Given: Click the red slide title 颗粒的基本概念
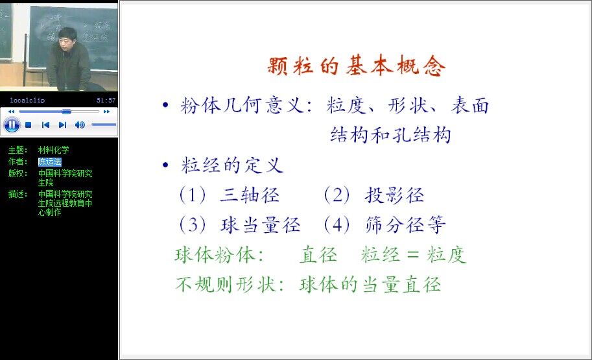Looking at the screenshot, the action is (x=357, y=66).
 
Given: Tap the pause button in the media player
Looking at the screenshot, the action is (x=12, y=125).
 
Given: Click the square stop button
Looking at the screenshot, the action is (x=29, y=125).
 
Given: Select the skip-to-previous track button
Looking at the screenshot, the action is (x=45, y=125).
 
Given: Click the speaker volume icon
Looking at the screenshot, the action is (x=80, y=125).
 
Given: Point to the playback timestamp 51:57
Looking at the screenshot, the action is (x=106, y=100).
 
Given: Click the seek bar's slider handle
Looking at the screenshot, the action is (x=66, y=112).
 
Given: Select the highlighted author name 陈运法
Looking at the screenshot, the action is (x=49, y=162).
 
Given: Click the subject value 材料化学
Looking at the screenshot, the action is (x=54, y=150).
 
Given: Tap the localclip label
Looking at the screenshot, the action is (x=27, y=100).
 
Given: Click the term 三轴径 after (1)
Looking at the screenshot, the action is (x=250, y=195).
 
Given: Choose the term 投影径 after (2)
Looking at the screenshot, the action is (x=394, y=195).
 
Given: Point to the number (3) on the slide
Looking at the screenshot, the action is (x=193, y=225).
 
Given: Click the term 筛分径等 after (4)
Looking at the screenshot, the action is (x=405, y=225).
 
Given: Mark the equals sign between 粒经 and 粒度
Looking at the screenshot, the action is (x=413, y=255).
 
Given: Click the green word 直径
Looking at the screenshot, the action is (x=318, y=254).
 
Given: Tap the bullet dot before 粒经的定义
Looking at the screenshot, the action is (x=165, y=165).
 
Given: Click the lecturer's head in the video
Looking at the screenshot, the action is (x=67, y=38).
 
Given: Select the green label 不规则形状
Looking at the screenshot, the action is (x=226, y=285).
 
